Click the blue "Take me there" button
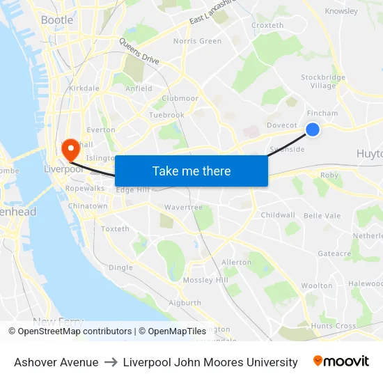(x=191, y=171)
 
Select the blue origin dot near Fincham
(x=313, y=129)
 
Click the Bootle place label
(x=57, y=20)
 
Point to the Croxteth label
(x=267, y=26)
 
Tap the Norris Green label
(x=197, y=41)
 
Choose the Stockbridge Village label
(x=322, y=81)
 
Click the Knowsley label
(x=341, y=11)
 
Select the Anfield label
(x=139, y=88)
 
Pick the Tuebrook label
(x=166, y=115)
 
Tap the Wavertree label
(x=183, y=208)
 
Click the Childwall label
(x=278, y=215)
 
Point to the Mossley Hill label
(x=205, y=280)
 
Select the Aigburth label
(x=185, y=303)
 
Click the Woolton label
(x=317, y=286)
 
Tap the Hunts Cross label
(x=334, y=326)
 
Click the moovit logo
(x=341, y=361)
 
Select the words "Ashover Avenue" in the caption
(x=56, y=362)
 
